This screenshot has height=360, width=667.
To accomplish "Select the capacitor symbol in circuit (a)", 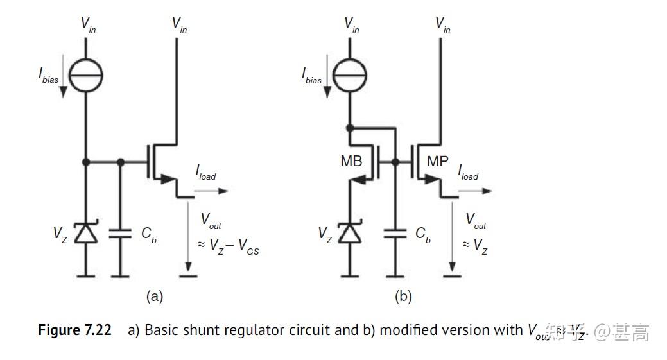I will click(120, 234).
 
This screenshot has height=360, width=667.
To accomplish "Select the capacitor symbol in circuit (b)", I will click(395, 234).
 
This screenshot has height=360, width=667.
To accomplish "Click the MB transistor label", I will click(351, 162).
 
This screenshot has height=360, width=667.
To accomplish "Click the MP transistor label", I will click(438, 162).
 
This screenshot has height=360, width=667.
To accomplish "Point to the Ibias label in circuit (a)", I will click(49, 76).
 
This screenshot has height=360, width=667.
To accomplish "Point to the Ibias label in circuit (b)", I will click(312, 76).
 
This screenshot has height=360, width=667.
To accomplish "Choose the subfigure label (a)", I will click(155, 296).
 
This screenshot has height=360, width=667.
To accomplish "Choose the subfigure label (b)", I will click(403, 296).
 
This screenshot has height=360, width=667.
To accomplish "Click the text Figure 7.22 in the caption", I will click(74, 330).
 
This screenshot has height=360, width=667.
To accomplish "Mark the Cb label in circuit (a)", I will click(148, 235).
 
